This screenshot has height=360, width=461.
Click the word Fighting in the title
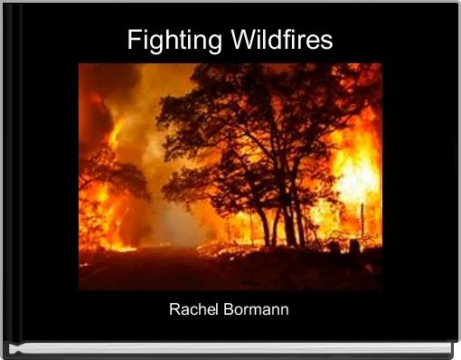click(x=174, y=41)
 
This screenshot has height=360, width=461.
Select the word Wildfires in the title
click(x=282, y=39)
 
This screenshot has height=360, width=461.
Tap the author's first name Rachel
click(x=193, y=309)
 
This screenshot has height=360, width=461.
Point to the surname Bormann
click(x=256, y=309)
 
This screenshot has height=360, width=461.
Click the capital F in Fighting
click(x=134, y=40)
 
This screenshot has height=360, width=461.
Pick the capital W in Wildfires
click(x=243, y=40)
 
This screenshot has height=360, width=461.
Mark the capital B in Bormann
click(x=228, y=309)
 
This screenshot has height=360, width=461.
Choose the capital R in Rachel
click(x=174, y=309)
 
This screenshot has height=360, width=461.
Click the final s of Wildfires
click(x=326, y=43)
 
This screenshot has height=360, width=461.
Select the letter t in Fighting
click(x=190, y=40)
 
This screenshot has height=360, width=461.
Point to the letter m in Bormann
click(x=256, y=311)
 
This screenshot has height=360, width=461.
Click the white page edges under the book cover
click(x=230, y=349)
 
